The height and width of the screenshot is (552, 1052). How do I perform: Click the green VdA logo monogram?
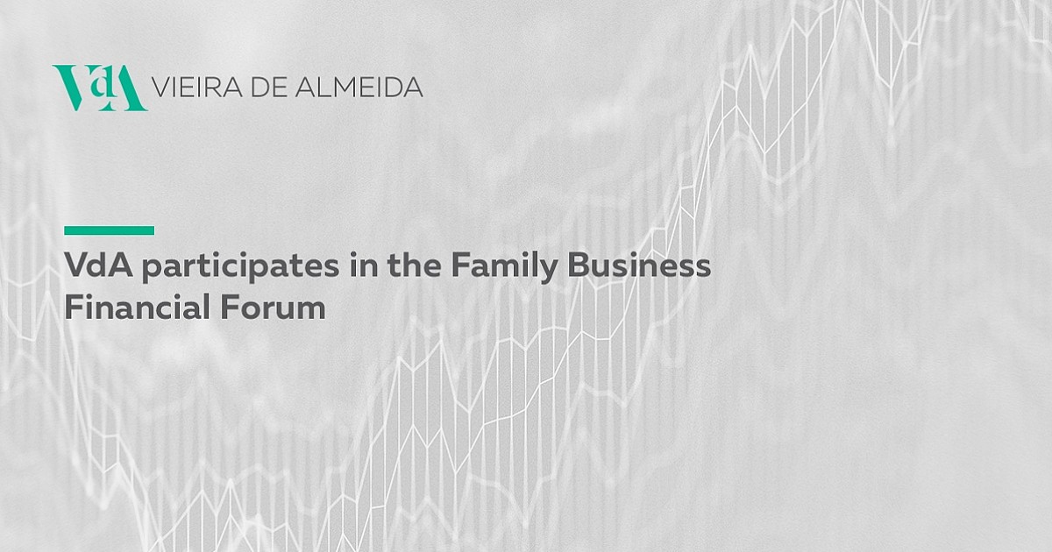click(100, 88)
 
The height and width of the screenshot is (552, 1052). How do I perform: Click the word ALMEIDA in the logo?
click(359, 88)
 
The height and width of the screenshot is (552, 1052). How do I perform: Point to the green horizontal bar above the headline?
click(109, 230)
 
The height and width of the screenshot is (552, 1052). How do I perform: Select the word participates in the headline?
click(240, 266)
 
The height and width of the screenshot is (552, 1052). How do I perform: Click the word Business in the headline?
click(639, 265)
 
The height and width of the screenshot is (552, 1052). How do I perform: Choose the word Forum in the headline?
click(273, 307)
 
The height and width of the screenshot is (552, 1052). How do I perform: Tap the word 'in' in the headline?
click(364, 265)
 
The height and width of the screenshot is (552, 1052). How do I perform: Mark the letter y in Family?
click(547, 271)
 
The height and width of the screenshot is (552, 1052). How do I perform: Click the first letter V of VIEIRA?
click(161, 88)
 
